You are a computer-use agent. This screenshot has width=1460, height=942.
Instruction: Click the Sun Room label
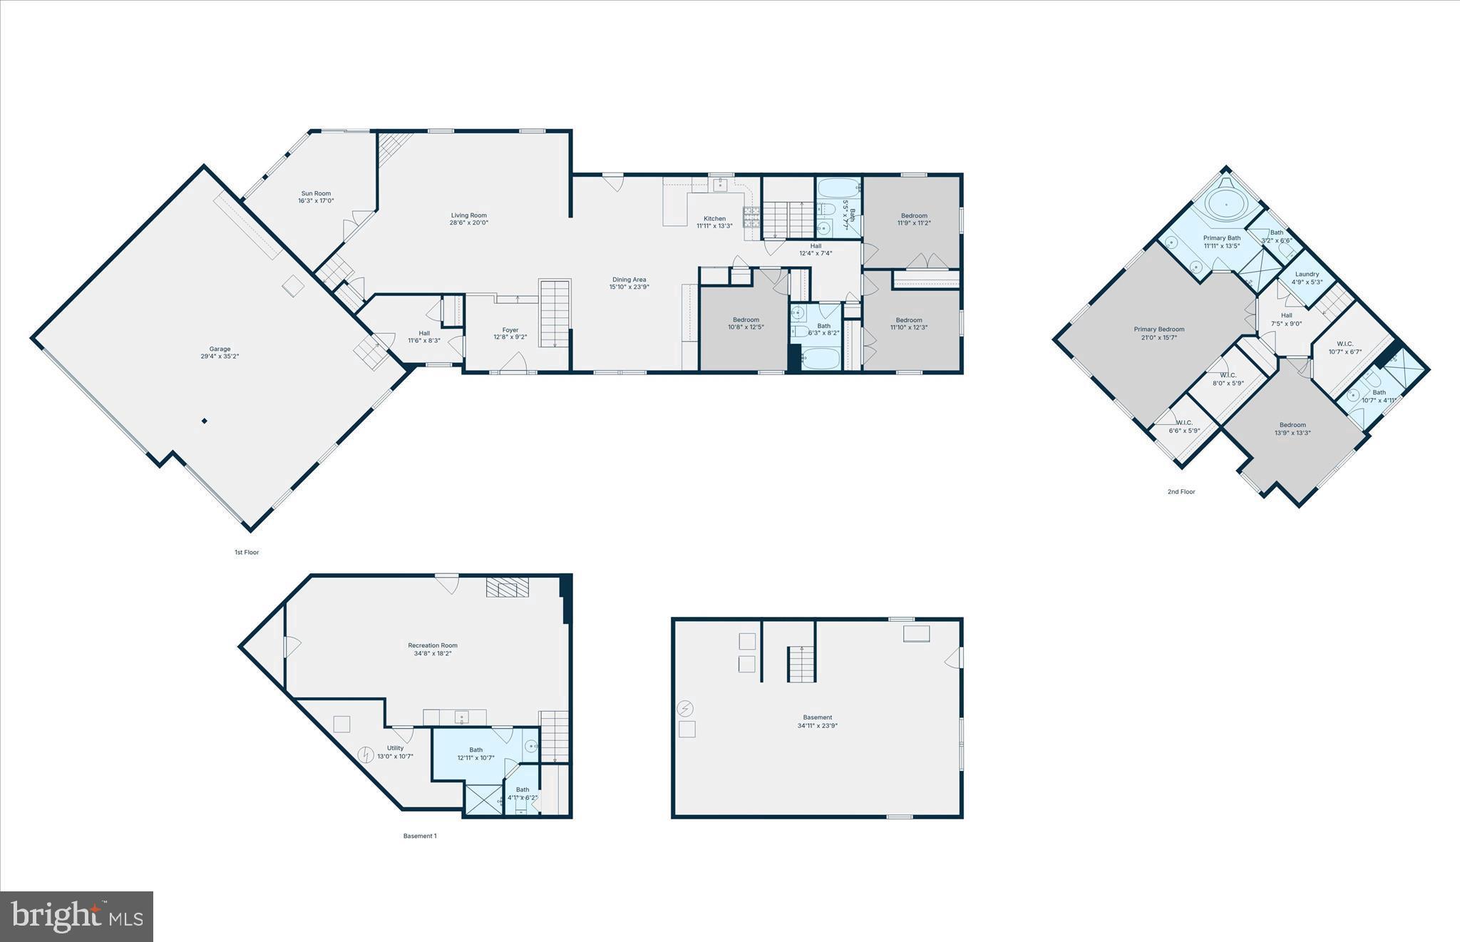[316, 193]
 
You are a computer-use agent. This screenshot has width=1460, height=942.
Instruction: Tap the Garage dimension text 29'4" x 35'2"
[220, 357]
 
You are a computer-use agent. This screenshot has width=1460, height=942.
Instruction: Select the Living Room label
[468, 215]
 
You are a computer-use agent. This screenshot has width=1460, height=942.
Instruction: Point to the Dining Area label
[629, 280]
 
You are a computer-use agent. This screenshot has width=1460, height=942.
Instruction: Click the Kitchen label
[714, 219]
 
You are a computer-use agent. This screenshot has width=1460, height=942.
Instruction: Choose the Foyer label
[510, 330]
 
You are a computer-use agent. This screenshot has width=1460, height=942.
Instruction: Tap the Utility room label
[395, 748]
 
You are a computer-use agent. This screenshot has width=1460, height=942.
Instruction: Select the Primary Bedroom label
[1158, 329]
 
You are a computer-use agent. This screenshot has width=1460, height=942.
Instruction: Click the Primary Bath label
[1222, 238]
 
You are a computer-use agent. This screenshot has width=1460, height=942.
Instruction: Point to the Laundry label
[1307, 274]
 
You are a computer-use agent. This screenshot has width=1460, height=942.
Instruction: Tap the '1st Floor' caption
[247, 552]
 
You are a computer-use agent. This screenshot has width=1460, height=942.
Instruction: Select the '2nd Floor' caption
[1181, 491]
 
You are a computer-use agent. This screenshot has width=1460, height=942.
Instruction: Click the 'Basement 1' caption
[419, 836]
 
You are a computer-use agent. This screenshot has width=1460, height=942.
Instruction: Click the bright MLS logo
[77, 916]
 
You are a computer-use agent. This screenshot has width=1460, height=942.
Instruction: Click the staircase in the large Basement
[801, 664]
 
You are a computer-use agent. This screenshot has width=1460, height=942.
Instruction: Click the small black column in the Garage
[204, 421]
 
